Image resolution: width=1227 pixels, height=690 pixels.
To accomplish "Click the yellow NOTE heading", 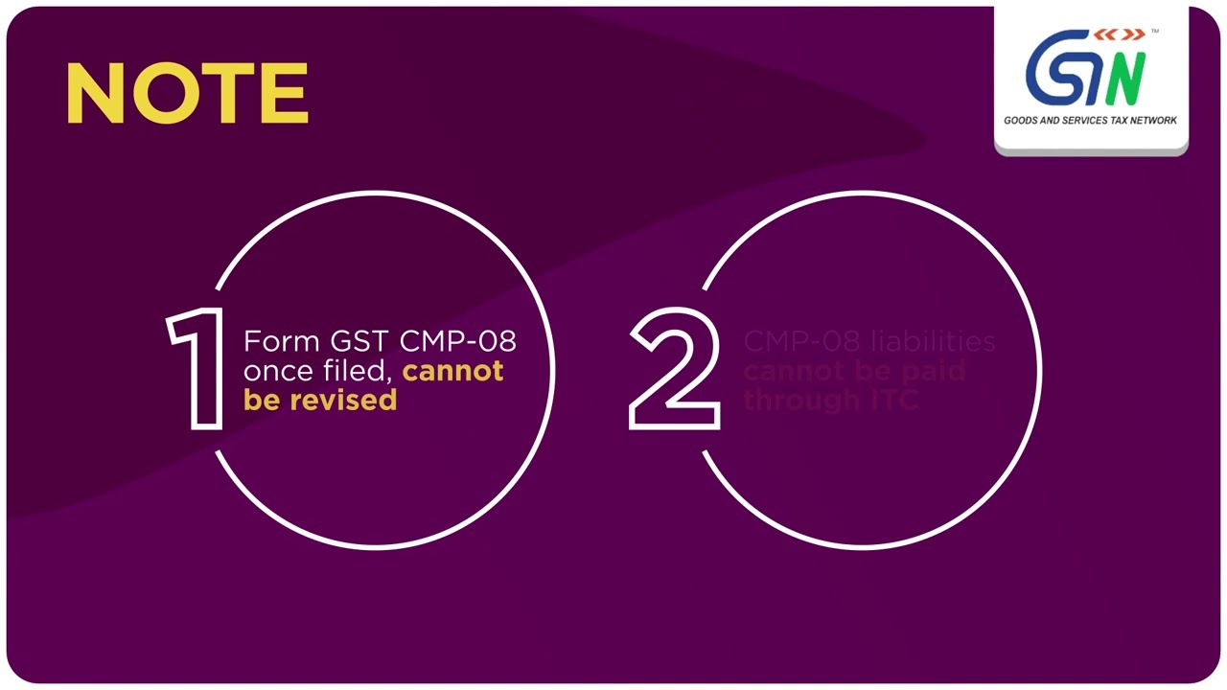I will click(x=187, y=94).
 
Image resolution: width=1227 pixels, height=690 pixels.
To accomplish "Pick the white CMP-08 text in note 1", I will click(x=457, y=341).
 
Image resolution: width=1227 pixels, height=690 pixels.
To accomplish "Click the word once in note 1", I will click(x=278, y=371).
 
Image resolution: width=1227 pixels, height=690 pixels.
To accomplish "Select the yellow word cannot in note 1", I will click(x=452, y=371).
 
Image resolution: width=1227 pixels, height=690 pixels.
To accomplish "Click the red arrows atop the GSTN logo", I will click(x=1120, y=35).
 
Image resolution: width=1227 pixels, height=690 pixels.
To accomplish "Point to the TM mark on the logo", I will click(x=1155, y=32).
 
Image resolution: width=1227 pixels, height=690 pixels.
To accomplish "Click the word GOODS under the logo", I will click(x=1022, y=121).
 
